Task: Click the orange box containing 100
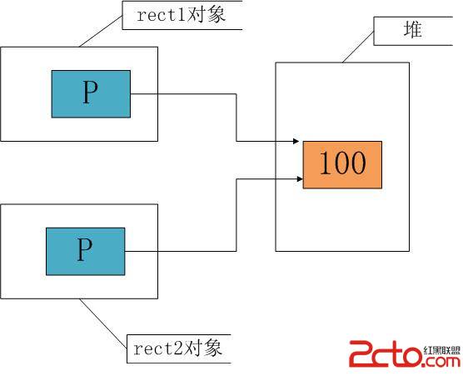coord(342,164)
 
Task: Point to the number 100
coord(343,163)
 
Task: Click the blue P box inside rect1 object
coord(91,94)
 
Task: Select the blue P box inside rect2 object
coord(86,251)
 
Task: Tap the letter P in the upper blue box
coord(90,93)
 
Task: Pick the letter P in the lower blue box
coord(84,249)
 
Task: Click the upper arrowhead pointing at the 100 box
coord(296,141)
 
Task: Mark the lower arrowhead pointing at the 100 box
coord(300,179)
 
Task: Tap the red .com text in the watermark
coord(442,361)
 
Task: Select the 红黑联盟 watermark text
coord(442,350)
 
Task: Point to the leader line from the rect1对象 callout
coord(101,32)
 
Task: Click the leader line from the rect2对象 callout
coord(103,323)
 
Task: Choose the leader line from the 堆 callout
coord(358,47)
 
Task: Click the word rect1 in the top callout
coord(162,15)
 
